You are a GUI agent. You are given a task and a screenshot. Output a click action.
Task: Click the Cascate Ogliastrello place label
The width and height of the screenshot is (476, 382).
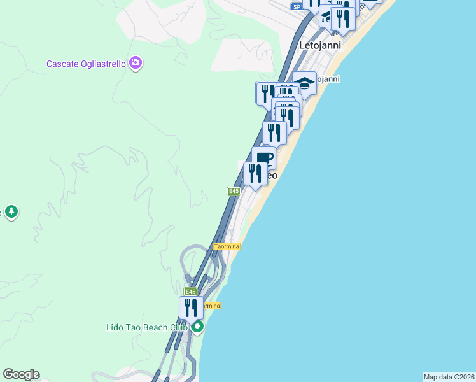click(x=86, y=64)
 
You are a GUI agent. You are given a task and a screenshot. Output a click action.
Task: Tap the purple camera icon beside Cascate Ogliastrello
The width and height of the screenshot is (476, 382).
click(x=135, y=62)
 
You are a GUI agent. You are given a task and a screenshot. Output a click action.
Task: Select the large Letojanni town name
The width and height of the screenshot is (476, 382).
click(x=320, y=46)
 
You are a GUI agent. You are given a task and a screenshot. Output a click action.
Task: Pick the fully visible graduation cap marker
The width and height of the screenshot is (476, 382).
click(x=305, y=84)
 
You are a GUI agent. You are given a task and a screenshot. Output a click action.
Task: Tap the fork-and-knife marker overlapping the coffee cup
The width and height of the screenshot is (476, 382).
click(x=255, y=173)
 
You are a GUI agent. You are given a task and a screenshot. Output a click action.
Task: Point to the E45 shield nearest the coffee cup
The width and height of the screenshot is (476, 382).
click(x=234, y=191)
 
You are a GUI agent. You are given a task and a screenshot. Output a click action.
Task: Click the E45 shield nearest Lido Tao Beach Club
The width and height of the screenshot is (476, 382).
click(x=190, y=291)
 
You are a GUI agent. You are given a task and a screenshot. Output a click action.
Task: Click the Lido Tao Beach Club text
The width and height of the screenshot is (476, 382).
click(x=146, y=328)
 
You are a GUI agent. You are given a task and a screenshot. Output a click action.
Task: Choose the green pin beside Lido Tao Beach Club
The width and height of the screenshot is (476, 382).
click(x=197, y=328)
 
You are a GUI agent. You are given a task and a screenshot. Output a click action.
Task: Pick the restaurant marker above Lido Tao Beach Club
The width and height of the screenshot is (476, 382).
click(x=191, y=308)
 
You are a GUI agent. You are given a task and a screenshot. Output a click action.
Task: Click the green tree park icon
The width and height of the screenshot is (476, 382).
click(x=10, y=211)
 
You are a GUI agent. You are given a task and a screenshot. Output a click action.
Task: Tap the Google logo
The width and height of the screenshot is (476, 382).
click(x=21, y=374)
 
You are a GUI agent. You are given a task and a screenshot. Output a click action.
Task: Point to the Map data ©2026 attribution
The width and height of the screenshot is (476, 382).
click(x=449, y=377)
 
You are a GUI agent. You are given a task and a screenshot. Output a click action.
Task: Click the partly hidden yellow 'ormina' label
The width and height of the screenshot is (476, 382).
click(x=211, y=306)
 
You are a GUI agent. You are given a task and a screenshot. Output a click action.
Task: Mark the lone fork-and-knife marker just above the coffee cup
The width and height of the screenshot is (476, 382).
click(x=274, y=132)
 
